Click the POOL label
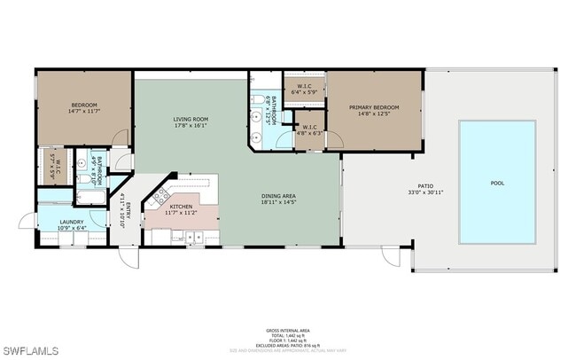tap(496, 184)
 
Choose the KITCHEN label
tap(182, 207)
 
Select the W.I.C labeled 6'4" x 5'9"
tap(303, 86)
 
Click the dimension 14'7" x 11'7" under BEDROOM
tap(84, 112)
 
